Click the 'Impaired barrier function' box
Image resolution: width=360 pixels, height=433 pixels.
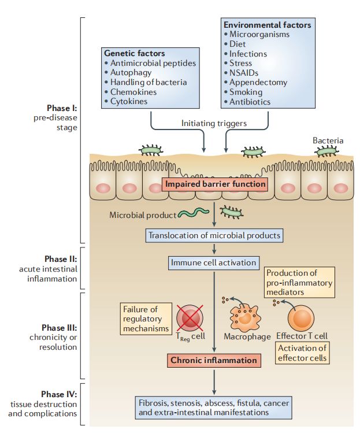(x=215, y=184)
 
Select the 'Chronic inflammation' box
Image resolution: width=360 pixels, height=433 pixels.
(x=213, y=360)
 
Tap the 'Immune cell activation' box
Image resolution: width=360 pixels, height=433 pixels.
(x=213, y=262)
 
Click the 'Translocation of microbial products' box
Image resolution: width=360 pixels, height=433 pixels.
(x=214, y=235)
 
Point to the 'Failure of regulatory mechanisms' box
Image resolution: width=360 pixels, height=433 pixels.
(x=142, y=318)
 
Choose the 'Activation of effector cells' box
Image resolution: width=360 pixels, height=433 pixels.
(x=303, y=353)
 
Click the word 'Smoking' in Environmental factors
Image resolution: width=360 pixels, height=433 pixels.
(x=246, y=92)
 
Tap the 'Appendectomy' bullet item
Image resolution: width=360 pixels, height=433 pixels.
(x=258, y=82)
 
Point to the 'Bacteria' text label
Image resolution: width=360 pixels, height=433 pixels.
(x=328, y=140)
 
